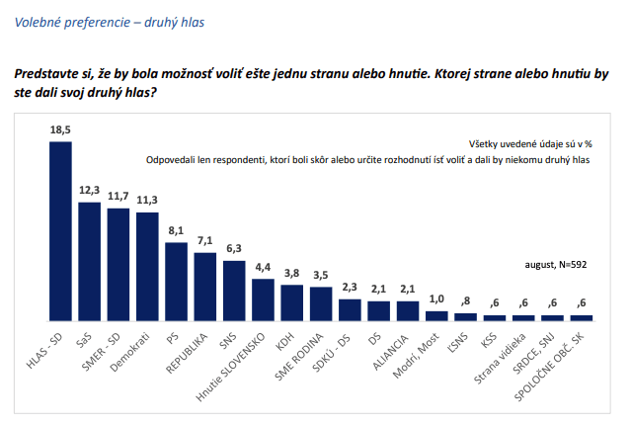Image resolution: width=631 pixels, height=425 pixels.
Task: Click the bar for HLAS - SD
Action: pos(61,230)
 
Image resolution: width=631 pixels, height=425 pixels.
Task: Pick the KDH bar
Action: pos(291,302)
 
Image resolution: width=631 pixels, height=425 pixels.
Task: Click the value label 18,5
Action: pos(61,129)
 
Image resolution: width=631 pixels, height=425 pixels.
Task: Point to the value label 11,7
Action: pos(118,196)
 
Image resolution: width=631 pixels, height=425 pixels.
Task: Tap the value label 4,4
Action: pos(263,267)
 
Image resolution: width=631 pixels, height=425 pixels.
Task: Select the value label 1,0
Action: pos(435,299)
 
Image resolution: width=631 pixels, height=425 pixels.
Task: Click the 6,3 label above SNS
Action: pos(234,248)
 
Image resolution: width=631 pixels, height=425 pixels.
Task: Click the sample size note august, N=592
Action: pos(558,266)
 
